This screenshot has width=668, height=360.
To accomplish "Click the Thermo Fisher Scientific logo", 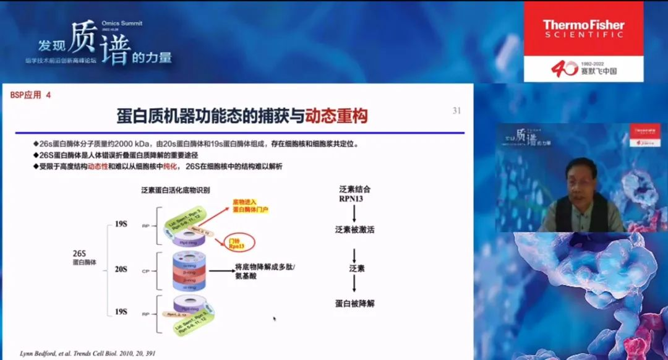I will tap(583, 29).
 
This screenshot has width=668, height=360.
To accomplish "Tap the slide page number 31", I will tap(457, 111).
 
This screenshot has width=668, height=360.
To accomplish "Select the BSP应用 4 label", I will tap(31, 95).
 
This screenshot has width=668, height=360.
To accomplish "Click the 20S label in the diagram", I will tap(121, 269).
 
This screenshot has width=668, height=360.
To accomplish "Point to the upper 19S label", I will tap(121, 225).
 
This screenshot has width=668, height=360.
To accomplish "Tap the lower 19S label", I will tap(121, 312).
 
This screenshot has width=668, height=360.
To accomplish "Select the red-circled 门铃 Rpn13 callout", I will tap(237, 242).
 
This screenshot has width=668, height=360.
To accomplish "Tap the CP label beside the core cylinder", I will tap(146, 270).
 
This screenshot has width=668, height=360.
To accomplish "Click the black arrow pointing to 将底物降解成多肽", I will tap(220, 270).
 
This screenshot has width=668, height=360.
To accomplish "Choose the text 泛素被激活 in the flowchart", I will tap(355, 229).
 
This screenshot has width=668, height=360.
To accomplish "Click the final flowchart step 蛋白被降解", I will tap(355, 303).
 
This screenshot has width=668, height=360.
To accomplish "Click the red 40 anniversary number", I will tap(565, 69).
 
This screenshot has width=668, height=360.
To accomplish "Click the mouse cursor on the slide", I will tap(274, 319).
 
